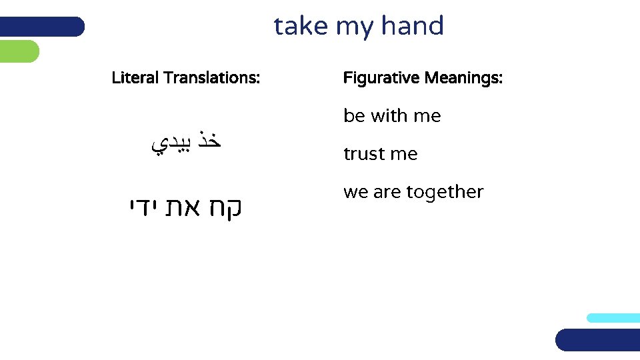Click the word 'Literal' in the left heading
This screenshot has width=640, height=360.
(135, 78)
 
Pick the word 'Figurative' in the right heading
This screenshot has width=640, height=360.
(381, 79)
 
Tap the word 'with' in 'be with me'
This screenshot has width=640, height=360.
(389, 116)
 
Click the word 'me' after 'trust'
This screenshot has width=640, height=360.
(403, 154)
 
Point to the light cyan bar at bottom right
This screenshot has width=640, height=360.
(613, 318)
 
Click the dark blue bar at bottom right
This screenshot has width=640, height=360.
(597, 339)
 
